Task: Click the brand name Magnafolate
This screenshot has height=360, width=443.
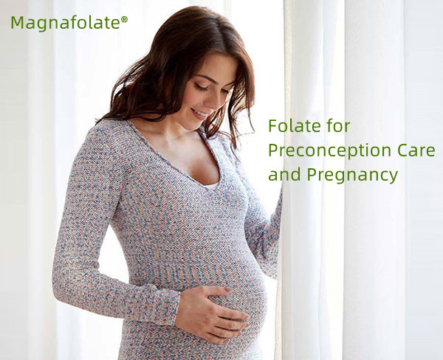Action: (65, 23)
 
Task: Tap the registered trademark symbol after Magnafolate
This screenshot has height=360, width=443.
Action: (124, 19)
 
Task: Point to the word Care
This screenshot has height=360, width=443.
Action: (416, 150)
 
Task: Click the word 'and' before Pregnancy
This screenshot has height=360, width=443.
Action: (281, 176)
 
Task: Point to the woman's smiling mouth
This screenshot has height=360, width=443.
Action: (200, 114)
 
